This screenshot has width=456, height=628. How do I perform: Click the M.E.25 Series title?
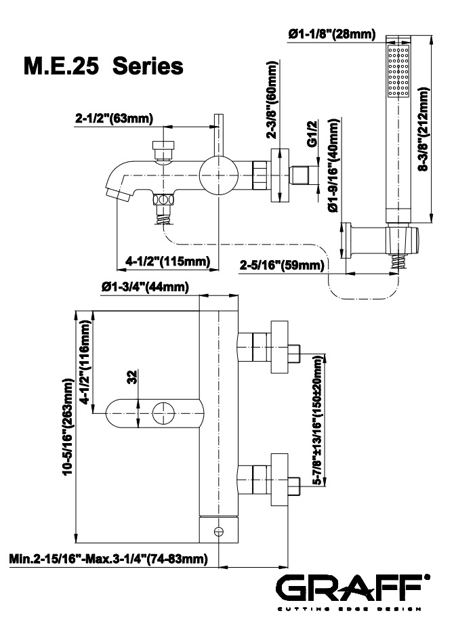click(x=103, y=67)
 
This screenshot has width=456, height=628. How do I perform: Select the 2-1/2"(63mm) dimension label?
click(x=114, y=119)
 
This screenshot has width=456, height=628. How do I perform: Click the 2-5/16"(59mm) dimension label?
click(x=281, y=265)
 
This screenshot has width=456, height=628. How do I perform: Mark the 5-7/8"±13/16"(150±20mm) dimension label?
click(x=318, y=419)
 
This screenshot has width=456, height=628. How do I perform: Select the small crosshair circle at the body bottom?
click(x=218, y=531)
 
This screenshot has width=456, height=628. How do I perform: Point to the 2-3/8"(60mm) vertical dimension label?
click(x=273, y=100)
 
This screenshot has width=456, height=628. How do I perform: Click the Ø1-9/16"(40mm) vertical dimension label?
click(x=333, y=165)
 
